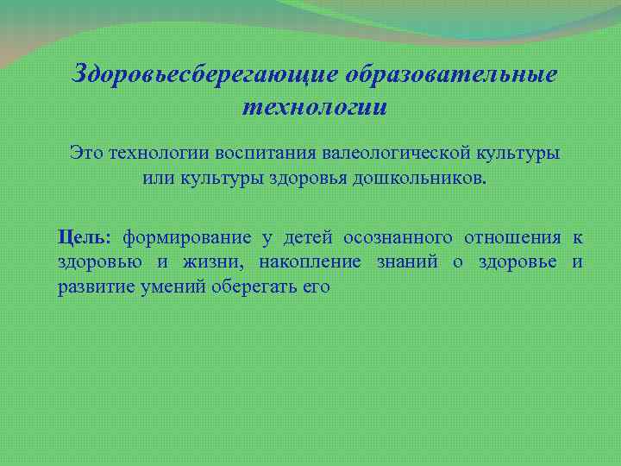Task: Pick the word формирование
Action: pyautogui.click(x=187, y=237)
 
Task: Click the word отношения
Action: pyautogui.click(x=512, y=237)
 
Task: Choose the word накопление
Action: pyautogui.click(x=309, y=262)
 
